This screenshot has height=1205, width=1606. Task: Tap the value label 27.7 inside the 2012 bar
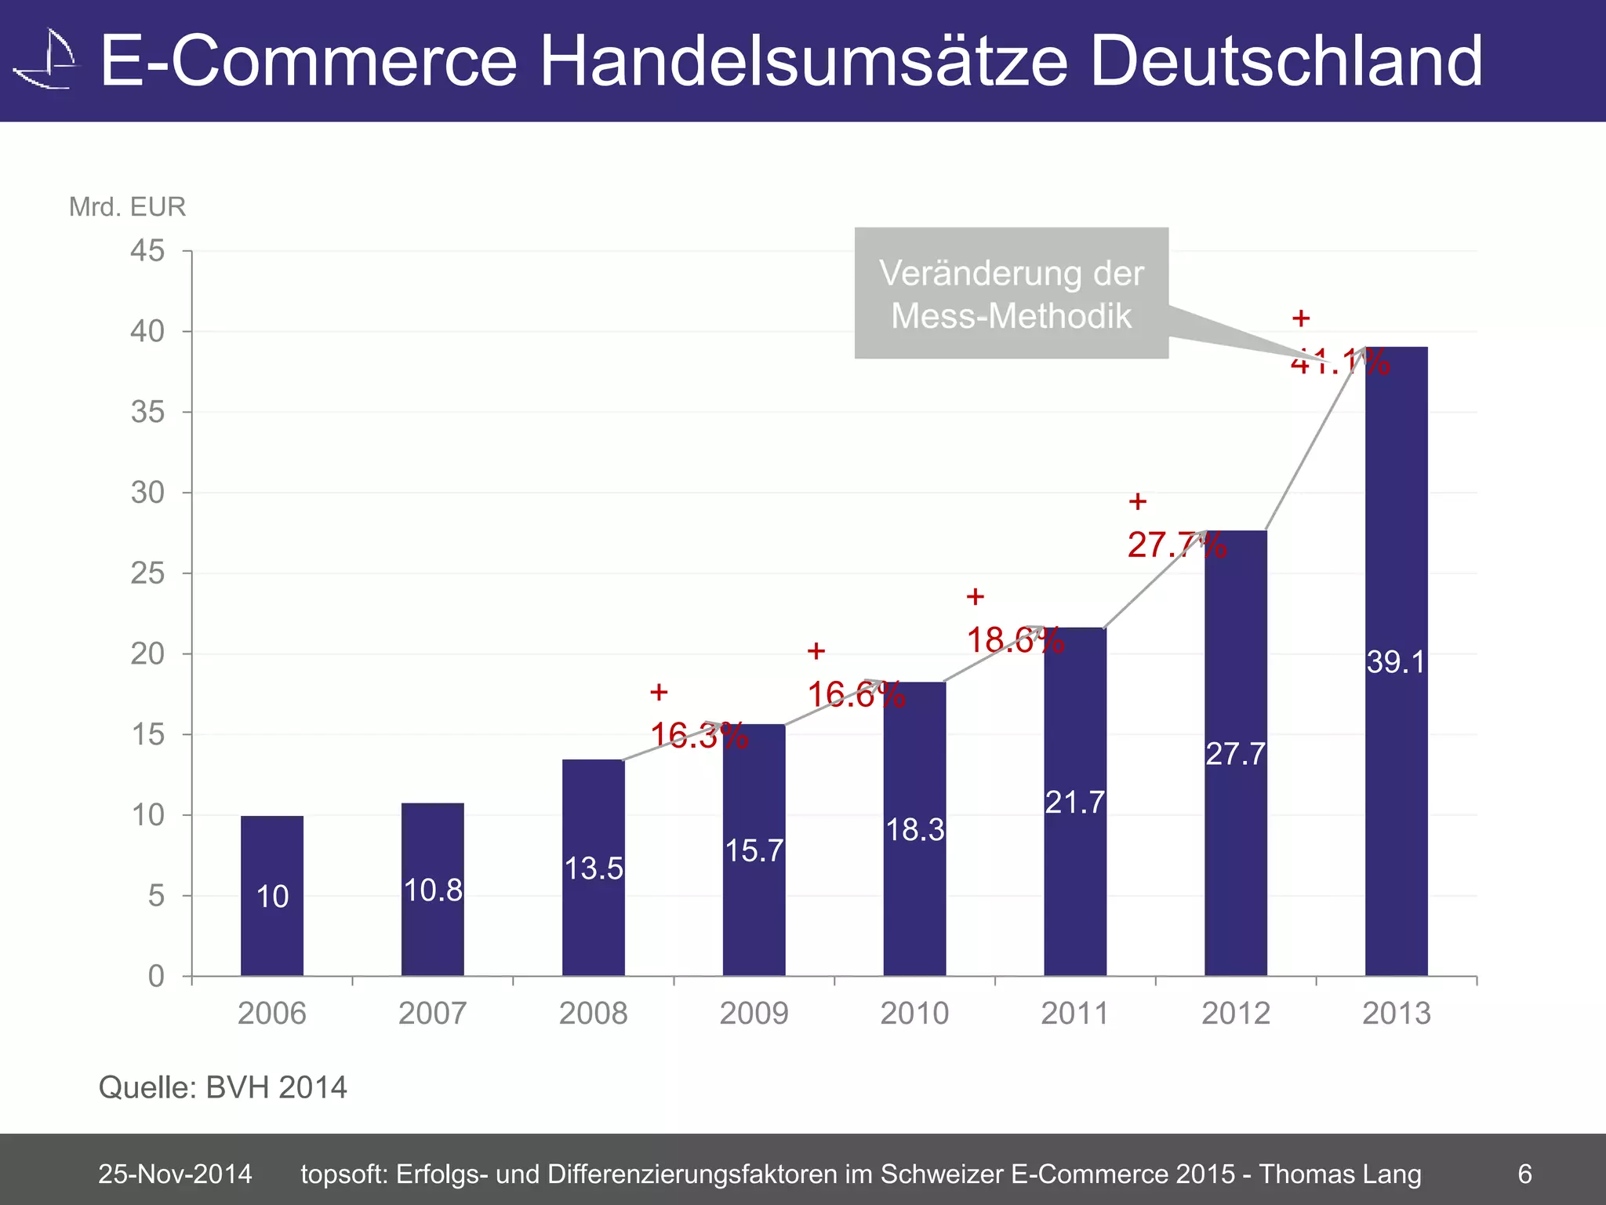[x=1235, y=754]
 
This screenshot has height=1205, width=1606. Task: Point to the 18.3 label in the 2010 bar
[x=914, y=830]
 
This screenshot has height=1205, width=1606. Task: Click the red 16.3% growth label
[x=698, y=735]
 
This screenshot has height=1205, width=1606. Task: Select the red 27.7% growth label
[x=1176, y=544]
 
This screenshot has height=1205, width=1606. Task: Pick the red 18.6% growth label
[x=1015, y=640]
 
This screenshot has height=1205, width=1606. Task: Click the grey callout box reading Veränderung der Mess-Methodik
[x=1011, y=293]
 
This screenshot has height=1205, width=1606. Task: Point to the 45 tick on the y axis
[x=147, y=251]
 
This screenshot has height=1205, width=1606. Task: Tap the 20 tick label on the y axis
[x=147, y=653]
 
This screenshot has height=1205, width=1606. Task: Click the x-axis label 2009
[x=754, y=1014]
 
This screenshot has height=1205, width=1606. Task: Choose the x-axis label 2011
[x=1074, y=1014]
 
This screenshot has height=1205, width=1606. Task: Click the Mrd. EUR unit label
[x=127, y=207]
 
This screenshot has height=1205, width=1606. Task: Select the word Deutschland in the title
[x=1286, y=61]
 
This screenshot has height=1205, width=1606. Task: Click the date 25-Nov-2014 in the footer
[x=175, y=1174]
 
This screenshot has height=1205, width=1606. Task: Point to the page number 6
[x=1524, y=1174]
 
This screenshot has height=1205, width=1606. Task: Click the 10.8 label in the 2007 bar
[x=433, y=890]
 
